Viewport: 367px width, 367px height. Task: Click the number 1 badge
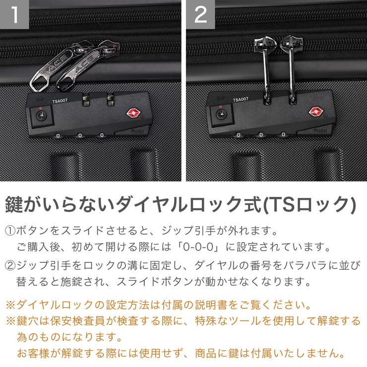pos(14,14)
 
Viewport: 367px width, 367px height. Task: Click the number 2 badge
pos(200,14)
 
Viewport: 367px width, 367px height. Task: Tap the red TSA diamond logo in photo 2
pos(316,112)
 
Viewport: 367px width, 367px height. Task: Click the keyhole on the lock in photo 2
pos(220,116)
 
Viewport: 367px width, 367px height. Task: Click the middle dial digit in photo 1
pos(80,135)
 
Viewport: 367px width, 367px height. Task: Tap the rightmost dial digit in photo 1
pos(102,135)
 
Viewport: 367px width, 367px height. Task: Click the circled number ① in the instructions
pos(10,231)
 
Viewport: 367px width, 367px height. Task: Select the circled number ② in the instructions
pos(10,265)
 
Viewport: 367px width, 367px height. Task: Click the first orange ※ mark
pos(10,304)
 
